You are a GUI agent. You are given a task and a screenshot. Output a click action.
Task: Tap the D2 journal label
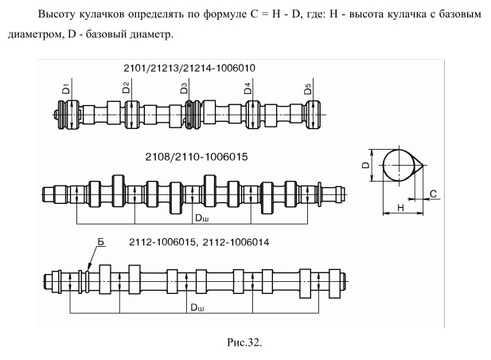tap(127, 87)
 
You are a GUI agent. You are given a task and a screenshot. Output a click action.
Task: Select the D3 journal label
tap(185, 87)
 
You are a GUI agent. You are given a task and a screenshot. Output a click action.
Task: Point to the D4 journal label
tap(248, 87)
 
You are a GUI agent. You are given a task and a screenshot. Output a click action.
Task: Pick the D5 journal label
tap(308, 87)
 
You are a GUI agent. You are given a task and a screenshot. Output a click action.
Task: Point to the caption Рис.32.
tap(246, 343)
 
